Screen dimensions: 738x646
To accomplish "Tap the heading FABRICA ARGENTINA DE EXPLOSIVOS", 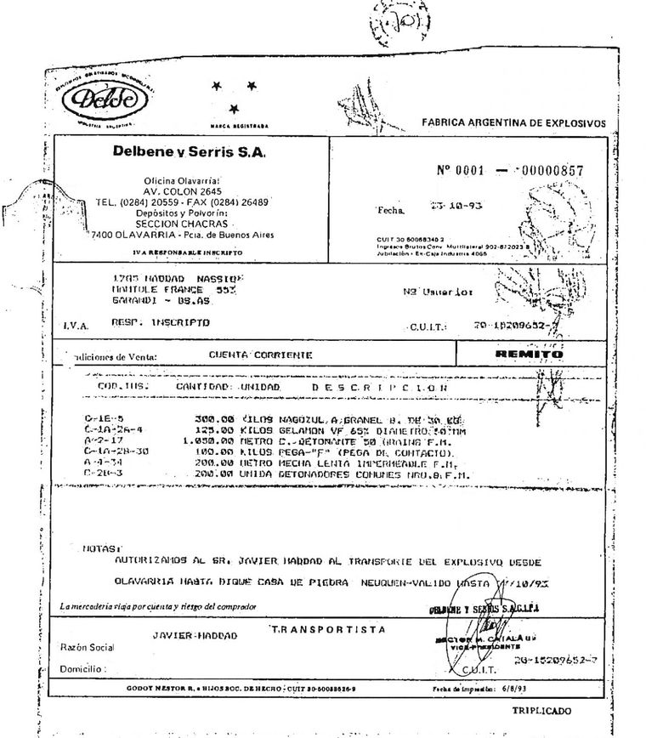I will (x=513, y=123).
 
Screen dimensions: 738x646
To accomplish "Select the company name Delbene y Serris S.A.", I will (x=190, y=152).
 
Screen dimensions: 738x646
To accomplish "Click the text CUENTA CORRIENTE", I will (x=259, y=355).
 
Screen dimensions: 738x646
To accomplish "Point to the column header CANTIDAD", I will (x=203, y=387).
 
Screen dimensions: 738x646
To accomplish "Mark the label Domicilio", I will (x=82, y=669).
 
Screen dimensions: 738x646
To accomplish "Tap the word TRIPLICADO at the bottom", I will (x=542, y=711).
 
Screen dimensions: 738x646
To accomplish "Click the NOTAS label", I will (x=103, y=548).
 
